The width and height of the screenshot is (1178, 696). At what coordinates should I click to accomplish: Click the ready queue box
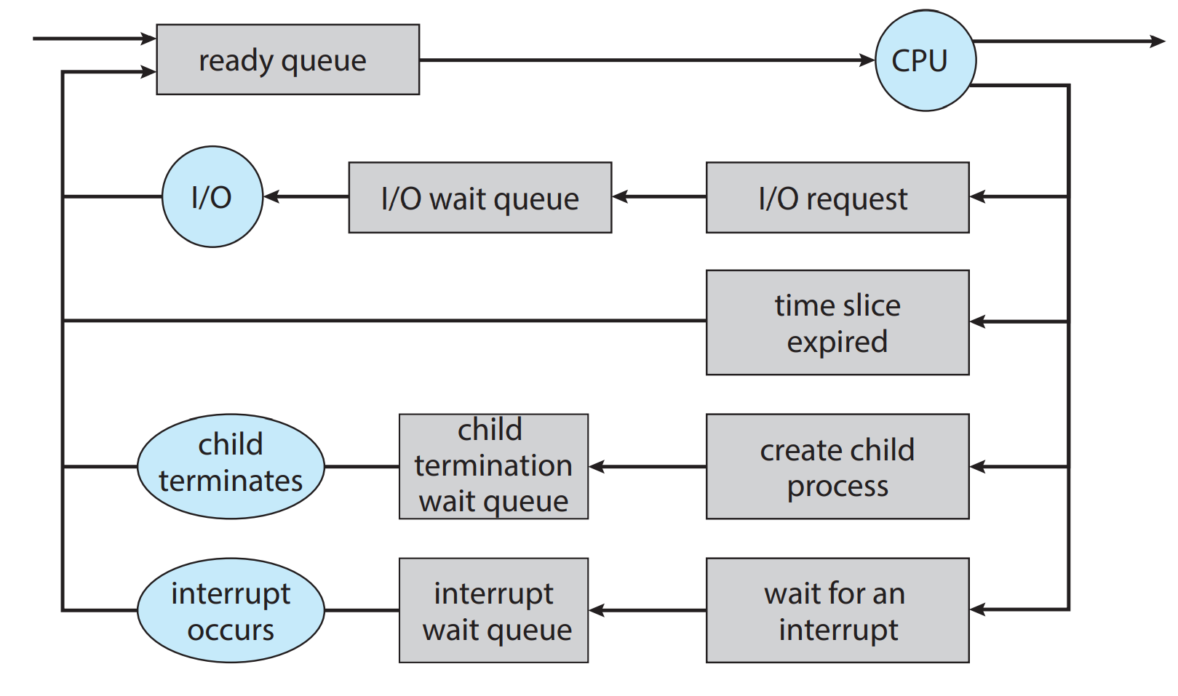287,60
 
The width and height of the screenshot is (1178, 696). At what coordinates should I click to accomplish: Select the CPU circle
926,60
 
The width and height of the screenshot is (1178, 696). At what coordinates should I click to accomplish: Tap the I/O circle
212,196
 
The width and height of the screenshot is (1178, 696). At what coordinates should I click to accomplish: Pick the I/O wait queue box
480,197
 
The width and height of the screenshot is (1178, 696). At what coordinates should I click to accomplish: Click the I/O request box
837,197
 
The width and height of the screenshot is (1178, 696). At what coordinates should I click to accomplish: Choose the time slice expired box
837,322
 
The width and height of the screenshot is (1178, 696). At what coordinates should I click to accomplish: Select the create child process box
837,466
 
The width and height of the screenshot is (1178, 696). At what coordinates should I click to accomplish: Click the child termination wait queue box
494,466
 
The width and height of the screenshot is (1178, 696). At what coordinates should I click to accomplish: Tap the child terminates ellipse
231,466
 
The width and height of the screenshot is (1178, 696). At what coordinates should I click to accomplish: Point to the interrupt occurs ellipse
231,610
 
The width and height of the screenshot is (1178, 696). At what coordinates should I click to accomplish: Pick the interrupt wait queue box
494,610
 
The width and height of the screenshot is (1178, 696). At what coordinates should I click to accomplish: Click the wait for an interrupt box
837,610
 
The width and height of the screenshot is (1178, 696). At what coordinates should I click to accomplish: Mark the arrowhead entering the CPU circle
867,60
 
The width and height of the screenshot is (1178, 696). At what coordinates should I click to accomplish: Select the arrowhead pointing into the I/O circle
271,196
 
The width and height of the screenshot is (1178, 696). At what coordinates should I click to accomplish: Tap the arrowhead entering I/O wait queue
621,196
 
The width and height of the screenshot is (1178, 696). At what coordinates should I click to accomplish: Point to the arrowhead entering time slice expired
978,321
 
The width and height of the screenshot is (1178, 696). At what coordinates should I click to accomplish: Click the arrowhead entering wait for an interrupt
978,609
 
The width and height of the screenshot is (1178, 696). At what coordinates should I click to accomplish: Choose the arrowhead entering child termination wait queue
597,466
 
